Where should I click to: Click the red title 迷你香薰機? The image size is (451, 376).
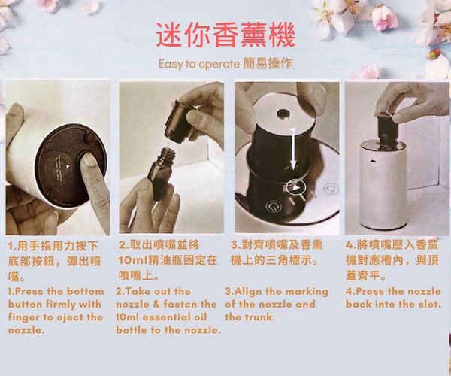[225, 35]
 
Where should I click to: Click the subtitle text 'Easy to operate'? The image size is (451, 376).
[198, 64]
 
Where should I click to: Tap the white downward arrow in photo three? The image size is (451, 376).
[293, 149]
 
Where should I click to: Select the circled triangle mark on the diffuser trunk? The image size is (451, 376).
[296, 188]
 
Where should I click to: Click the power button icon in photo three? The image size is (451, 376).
[272, 207]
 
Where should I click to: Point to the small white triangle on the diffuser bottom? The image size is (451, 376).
[68, 166]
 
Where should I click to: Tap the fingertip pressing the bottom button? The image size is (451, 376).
[89, 162]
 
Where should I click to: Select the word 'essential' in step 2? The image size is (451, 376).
[164, 317]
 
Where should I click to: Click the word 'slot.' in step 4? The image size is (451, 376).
[429, 304]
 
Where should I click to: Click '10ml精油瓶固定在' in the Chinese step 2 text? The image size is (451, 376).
[168, 260]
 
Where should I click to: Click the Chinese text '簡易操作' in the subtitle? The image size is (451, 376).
[268, 63]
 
